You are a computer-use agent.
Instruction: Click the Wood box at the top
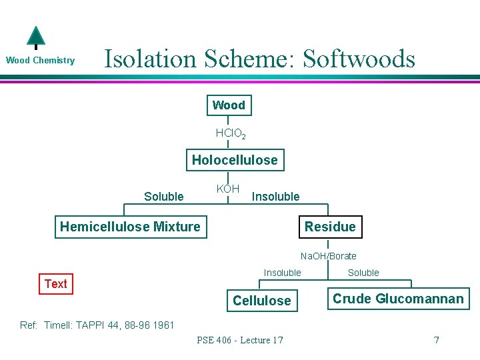[x=229, y=105]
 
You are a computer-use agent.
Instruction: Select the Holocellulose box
[x=235, y=160]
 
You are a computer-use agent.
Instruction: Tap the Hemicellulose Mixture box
[x=130, y=227]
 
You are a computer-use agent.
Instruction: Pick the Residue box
[x=330, y=227]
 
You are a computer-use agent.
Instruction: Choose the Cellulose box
[x=261, y=301]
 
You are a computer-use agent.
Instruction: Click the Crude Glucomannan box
[x=398, y=299]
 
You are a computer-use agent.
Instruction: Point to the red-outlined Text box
[x=55, y=284]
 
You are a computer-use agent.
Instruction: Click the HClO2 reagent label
[x=231, y=134]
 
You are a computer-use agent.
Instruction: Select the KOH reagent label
[x=228, y=189]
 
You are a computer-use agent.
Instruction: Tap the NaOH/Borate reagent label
[x=328, y=256]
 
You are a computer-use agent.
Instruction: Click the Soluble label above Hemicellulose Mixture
[x=163, y=196]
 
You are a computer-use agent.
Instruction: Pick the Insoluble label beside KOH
[x=275, y=196]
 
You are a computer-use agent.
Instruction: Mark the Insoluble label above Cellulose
[x=282, y=273]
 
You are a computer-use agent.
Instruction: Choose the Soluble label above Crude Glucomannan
[x=363, y=273]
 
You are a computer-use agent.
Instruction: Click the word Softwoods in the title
[x=359, y=59]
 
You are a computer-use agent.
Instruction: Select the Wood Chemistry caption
[x=40, y=61]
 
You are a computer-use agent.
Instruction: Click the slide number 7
[x=436, y=340]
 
